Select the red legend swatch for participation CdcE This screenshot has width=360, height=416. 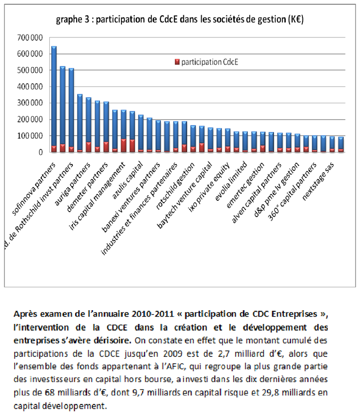[x=177, y=62]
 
